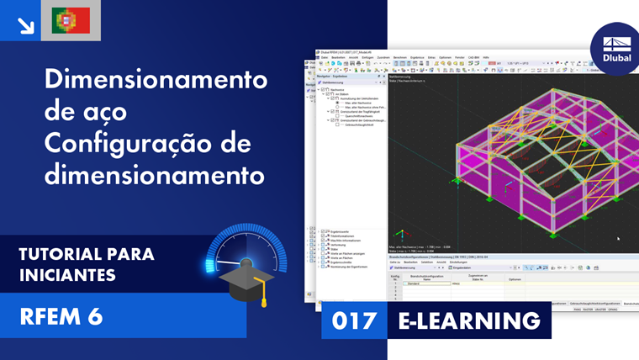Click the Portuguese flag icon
point(71,20)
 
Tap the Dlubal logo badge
point(615,50)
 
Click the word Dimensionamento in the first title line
point(156,80)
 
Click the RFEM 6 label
point(61,316)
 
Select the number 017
point(354,320)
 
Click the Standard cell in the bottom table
point(413,283)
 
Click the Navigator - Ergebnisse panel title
point(335,76)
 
